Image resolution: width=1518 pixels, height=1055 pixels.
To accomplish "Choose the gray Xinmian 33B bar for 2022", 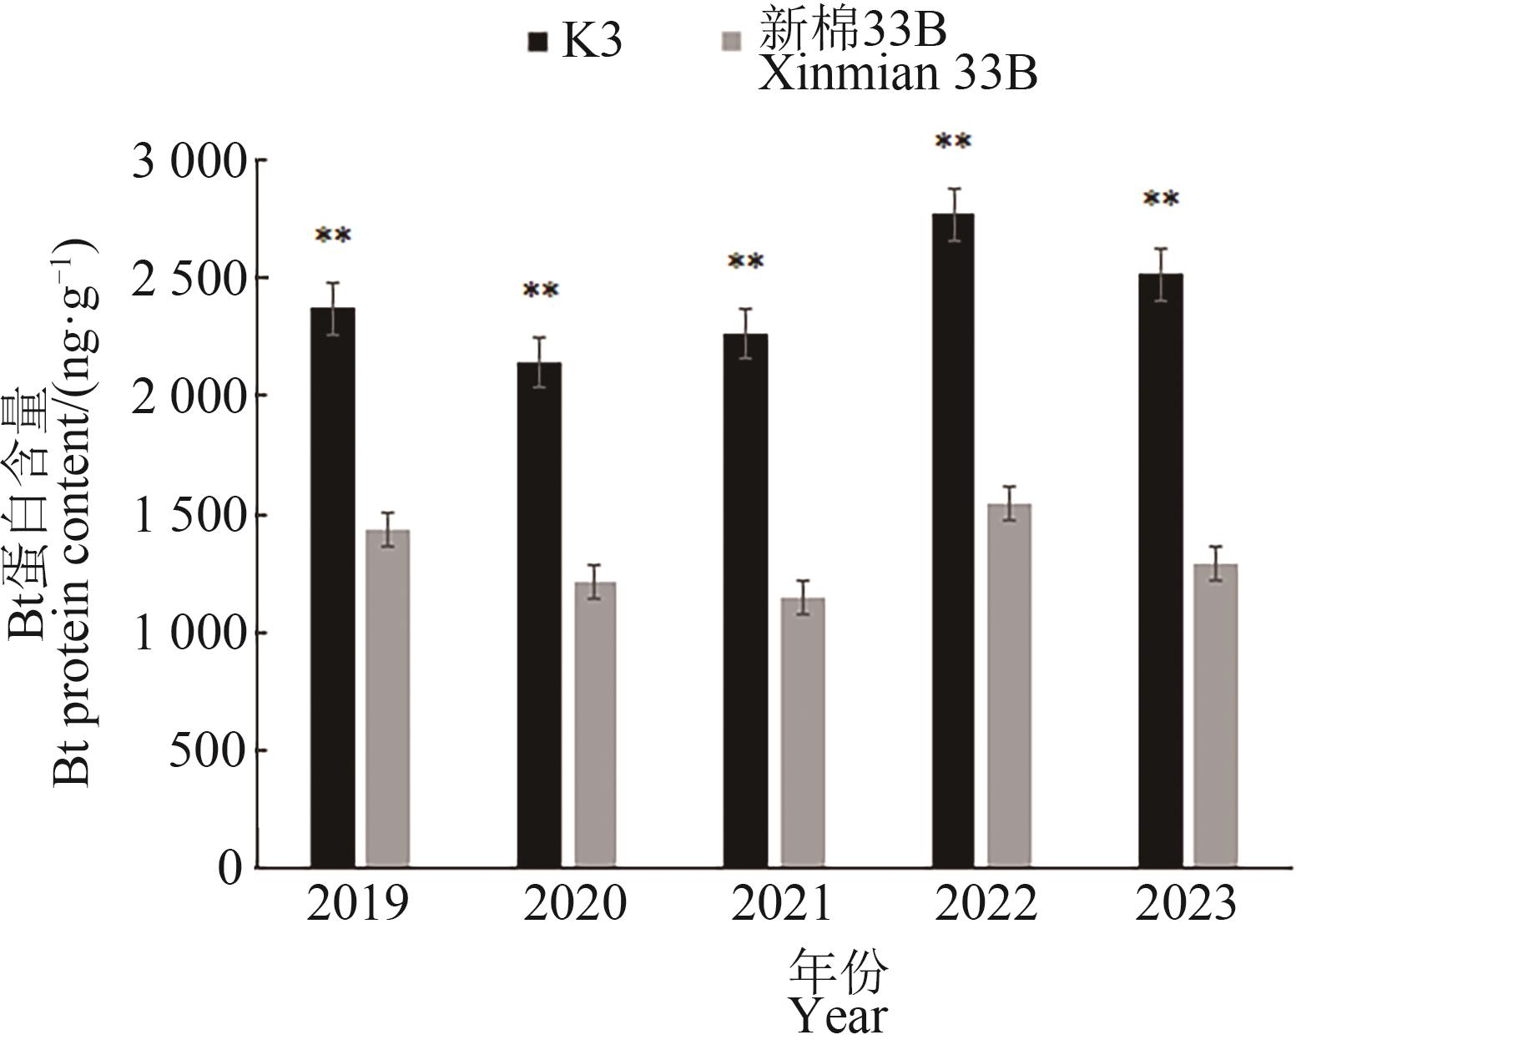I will [x=1010, y=685].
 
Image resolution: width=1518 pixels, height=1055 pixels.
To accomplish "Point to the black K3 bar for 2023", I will [x=1161, y=571].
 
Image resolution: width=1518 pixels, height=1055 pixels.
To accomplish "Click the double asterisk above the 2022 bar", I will [x=953, y=142].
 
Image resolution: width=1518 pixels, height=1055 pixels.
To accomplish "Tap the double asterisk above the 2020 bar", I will [x=540, y=290].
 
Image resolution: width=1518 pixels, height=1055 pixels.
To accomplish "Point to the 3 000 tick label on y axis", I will [x=190, y=161].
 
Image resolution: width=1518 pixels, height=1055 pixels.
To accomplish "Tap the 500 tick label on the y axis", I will [x=208, y=751].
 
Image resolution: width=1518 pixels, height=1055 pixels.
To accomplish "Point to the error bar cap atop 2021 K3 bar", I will [x=745, y=310].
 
